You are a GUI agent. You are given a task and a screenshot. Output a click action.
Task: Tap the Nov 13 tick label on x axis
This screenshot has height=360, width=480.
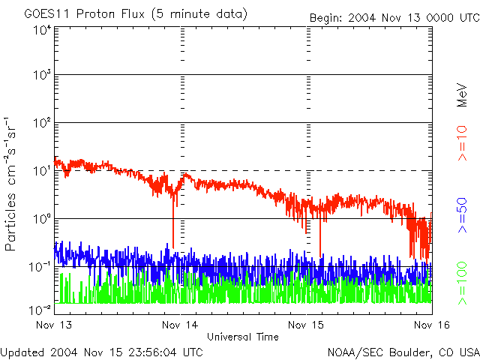[54, 325]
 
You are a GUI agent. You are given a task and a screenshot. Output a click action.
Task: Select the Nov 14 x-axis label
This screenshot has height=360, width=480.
[181, 325]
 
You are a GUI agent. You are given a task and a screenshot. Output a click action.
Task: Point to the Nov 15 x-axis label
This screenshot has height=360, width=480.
[307, 325]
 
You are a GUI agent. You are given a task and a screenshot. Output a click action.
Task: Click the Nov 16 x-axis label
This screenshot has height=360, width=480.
[430, 325]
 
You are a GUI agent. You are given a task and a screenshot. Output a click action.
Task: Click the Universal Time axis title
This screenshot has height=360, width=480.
[242, 337]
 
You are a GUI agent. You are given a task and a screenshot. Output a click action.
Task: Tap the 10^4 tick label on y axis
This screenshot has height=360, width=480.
[41, 30]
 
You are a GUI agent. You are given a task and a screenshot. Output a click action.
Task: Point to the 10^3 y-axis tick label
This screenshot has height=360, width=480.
[41, 75]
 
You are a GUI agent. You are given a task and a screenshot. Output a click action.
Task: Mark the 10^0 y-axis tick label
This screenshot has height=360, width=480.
[41, 218]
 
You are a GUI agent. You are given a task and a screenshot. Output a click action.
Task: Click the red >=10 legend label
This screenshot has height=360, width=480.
[463, 142]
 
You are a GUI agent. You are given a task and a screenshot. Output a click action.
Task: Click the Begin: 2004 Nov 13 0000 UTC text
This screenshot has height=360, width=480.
[394, 17]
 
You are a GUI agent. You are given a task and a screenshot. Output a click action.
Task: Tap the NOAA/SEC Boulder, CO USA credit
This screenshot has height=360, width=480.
[403, 352]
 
